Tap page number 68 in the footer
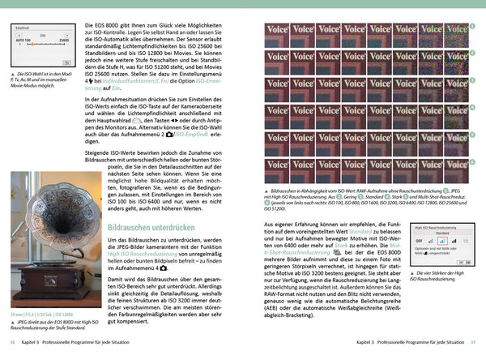pyautogui.click(x=11, y=345)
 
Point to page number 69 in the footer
pyautogui.click(x=473, y=345)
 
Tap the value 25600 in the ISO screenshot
pyautogui.click(x=62, y=39)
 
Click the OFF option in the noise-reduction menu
pyautogui.click(x=419, y=241)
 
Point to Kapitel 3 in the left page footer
pyautogui.click(x=34, y=345)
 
